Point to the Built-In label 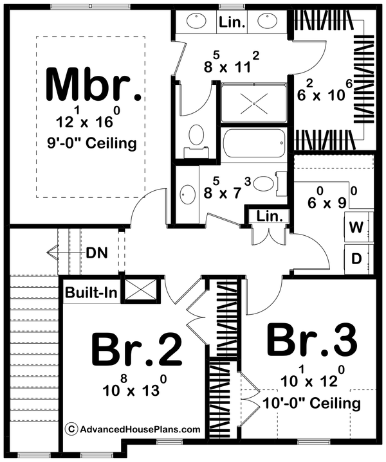pyautogui.click(x=91, y=293)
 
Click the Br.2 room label pyautogui.click(x=136, y=351)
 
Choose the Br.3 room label pyautogui.click(x=311, y=341)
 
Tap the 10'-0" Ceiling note pyautogui.click(x=311, y=404)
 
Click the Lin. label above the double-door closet pyautogui.click(x=266, y=217)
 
